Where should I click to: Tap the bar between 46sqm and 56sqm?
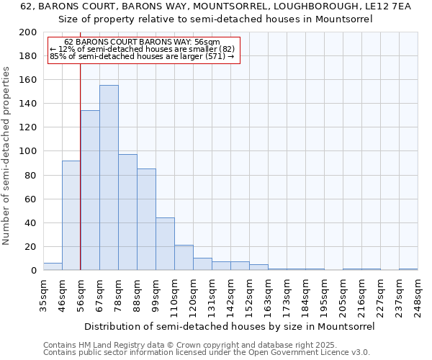click(71, 215)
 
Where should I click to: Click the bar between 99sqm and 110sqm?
click(165, 244)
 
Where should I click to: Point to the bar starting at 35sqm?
click(53, 266)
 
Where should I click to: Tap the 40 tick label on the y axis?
click(31, 222)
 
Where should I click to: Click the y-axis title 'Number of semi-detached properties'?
click(8, 155)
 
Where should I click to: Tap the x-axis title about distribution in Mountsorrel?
click(230, 326)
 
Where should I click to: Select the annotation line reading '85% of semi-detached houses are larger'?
click(143, 56)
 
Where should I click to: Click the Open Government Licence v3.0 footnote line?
click(206, 353)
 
